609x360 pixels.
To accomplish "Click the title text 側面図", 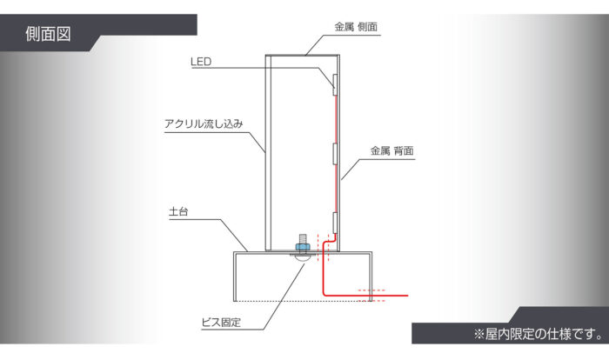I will tap(48, 36).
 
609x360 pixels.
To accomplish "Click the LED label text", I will tap(201, 62).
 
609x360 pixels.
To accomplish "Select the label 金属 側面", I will tap(356, 28).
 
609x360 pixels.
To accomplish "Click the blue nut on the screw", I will tap(303, 247).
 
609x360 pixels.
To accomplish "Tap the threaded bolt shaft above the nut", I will tap(303, 237).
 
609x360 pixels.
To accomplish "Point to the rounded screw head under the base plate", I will tap(302, 258).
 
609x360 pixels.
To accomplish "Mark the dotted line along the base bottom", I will tap(287, 300).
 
